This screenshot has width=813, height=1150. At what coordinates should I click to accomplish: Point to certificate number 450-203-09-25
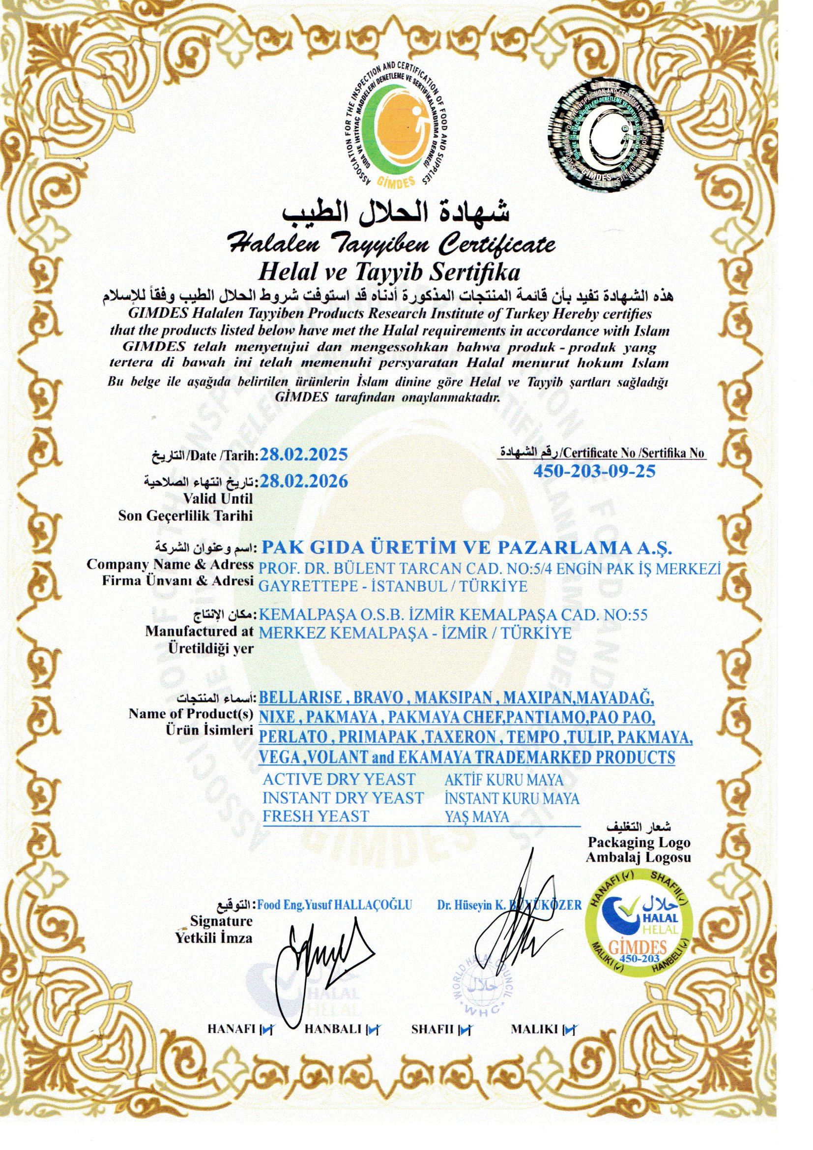[594, 471]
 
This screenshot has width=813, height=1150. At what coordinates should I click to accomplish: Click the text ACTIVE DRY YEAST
[339, 779]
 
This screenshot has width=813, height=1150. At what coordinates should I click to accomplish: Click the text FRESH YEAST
[316, 817]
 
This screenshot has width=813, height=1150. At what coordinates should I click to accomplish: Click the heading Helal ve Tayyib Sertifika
[388, 273]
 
